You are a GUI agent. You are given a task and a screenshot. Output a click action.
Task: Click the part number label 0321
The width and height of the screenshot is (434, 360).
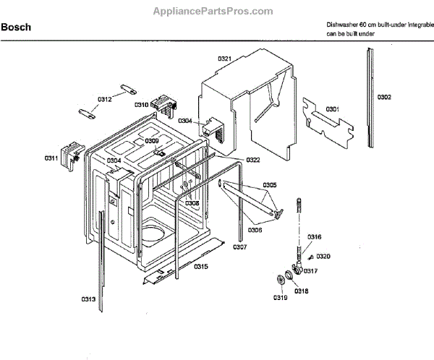coord(224,58)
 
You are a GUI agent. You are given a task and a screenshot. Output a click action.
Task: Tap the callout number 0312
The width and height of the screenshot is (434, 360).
coord(104,99)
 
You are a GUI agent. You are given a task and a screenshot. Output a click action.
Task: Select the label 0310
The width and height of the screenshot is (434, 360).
coord(141,105)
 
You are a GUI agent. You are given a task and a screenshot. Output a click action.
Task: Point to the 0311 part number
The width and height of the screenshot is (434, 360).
coord(51,157)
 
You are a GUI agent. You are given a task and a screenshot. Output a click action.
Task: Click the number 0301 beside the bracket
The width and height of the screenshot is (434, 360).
coord(332,108)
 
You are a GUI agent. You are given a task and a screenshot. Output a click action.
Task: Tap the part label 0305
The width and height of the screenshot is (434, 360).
coord(269,185)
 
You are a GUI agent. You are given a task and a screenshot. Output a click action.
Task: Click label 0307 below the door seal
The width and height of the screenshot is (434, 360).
coord(239,247)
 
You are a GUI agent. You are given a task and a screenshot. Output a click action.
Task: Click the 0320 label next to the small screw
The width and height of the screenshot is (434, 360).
coord(323,257)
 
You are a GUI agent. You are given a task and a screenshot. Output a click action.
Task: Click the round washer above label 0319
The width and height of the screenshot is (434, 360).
coord(278,280)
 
